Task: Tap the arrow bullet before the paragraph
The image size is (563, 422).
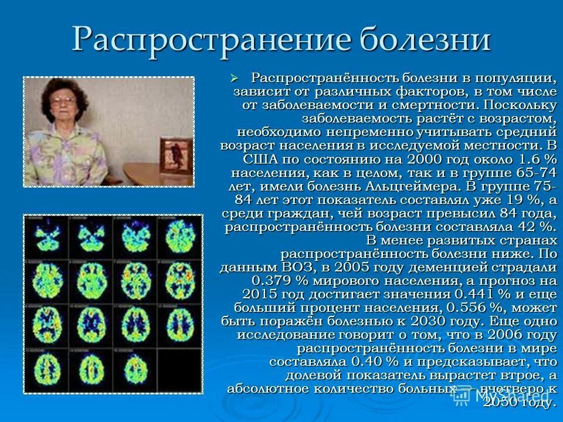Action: (x=235, y=77)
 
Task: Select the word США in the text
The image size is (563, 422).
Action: (x=259, y=159)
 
